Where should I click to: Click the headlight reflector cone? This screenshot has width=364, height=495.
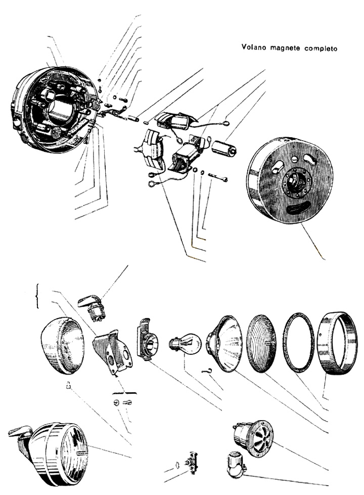click(x=224, y=344)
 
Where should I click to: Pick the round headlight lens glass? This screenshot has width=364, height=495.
click(x=261, y=344)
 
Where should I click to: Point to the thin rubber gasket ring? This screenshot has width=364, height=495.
click(x=298, y=343)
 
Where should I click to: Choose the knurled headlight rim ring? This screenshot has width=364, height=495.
click(x=337, y=343)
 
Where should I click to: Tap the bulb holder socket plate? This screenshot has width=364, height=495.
click(x=148, y=340)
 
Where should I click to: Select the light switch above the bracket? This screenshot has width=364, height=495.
click(x=92, y=308)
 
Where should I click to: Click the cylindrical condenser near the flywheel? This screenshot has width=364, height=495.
click(x=223, y=148)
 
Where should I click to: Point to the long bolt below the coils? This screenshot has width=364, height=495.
click(x=218, y=177)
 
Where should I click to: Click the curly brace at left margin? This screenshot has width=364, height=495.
click(x=37, y=296)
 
